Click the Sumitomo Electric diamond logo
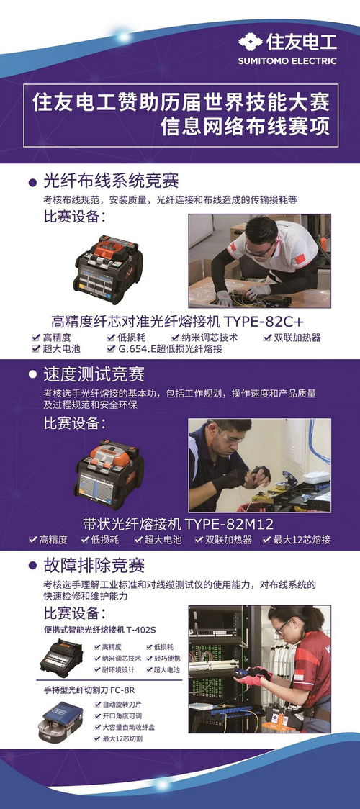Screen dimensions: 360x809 click(x=251, y=42)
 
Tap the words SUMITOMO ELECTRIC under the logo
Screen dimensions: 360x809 click(x=287, y=61)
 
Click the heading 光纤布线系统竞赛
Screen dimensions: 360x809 click(x=111, y=181)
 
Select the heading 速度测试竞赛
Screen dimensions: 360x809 click(x=94, y=374)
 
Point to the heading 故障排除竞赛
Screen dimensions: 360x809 click(x=94, y=566)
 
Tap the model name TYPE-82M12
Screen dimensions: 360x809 click(x=230, y=524)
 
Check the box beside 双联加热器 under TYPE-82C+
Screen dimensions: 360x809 click(x=267, y=338)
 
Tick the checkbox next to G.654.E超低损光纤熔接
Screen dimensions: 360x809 click(x=111, y=349)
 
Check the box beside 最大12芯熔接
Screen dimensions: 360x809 click(x=266, y=541)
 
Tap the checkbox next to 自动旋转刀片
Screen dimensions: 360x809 click(x=97, y=705)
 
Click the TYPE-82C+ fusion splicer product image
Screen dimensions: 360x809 click(x=108, y=269)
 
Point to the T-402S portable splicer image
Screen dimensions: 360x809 click(x=61, y=658)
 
